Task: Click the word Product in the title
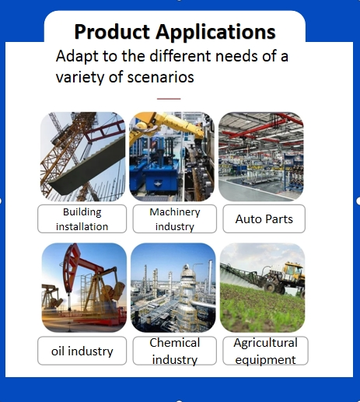(112, 32)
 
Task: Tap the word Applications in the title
(215, 33)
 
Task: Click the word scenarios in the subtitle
(161, 77)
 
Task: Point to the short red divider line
(169, 99)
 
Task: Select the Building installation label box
(82, 218)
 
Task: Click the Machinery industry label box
(175, 218)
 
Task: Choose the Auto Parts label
(264, 218)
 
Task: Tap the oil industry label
(82, 351)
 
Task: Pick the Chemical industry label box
(175, 351)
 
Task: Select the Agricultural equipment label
(265, 351)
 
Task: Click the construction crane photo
(82, 156)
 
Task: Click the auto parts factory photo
(261, 156)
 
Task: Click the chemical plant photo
(173, 288)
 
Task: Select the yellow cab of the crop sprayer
(294, 271)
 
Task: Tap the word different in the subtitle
(180, 56)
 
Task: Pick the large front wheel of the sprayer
(270, 287)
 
